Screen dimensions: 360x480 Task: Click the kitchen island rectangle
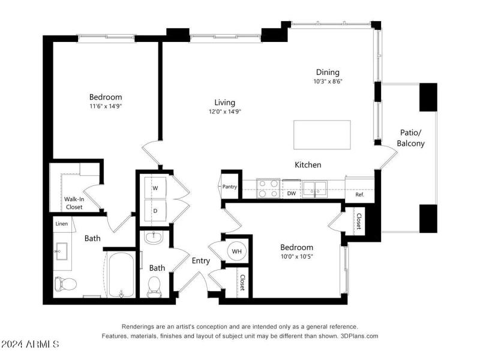click(x=322, y=134)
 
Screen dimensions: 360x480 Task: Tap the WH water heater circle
click(x=237, y=251)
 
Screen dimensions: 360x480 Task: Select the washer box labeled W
click(x=155, y=188)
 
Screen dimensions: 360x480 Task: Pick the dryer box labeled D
click(x=155, y=211)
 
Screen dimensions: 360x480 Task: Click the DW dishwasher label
click(x=292, y=193)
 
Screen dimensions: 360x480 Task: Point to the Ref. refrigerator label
click(x=360, y=194)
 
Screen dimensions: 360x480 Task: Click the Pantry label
click(x=229, y=187)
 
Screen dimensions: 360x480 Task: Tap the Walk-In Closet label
click(x=74, y=203)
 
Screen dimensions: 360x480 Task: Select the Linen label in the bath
click(x=62, y=224)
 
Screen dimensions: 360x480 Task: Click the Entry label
click(x=200, y=260)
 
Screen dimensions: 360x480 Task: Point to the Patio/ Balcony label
click(x=411, y=138)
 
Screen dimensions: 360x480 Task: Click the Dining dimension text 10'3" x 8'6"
click(x=328, y=81)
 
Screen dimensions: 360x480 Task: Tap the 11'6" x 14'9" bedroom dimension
click(x=106, y=106)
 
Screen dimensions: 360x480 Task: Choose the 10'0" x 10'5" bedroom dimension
click(x=297, y=256)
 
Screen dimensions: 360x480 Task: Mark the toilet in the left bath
click(x=64, y=283)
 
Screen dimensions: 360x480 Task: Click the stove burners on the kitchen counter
click(x=268, y=188)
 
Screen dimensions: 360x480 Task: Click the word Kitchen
click(x=307, y=164)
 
